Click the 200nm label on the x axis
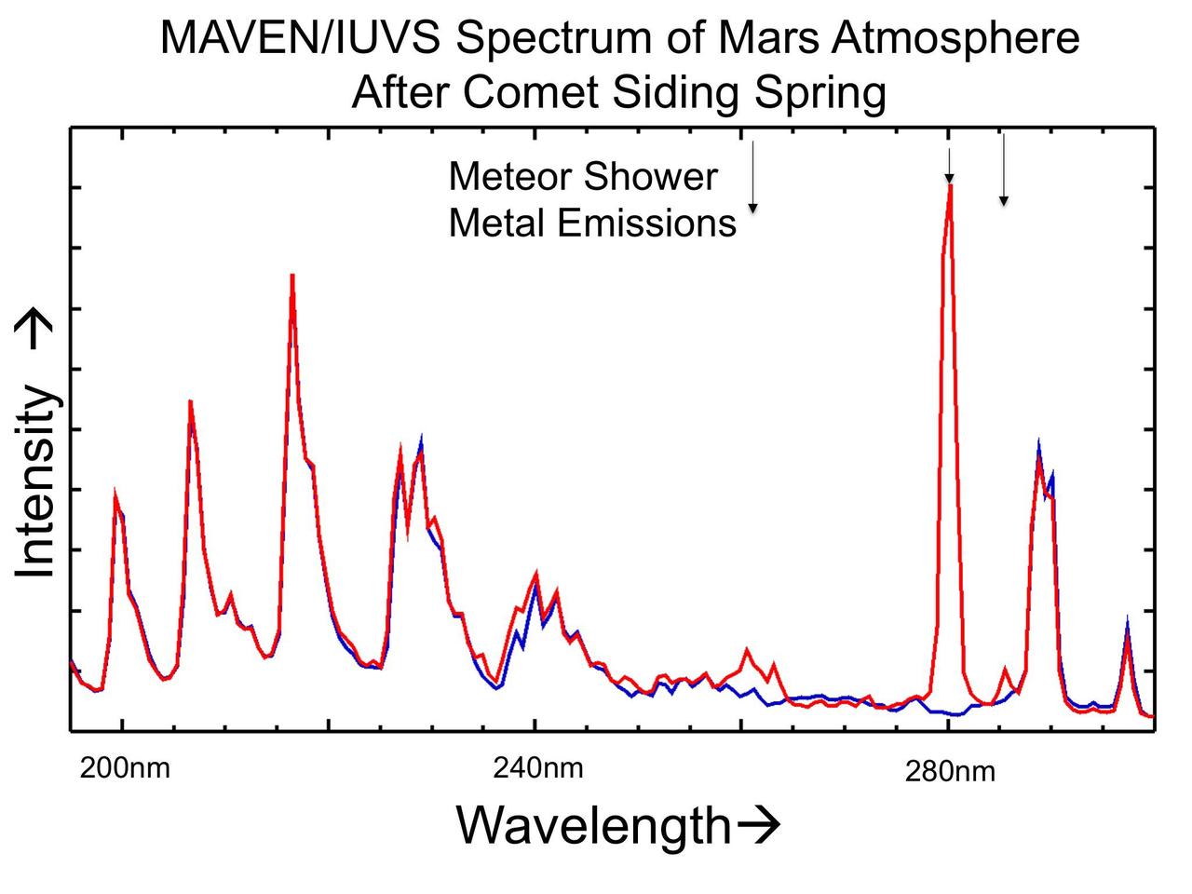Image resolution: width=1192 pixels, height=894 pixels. [x=125, y=769]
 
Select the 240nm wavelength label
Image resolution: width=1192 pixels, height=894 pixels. [x=538, y=768]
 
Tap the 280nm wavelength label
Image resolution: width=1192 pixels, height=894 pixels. [x=950, y=772]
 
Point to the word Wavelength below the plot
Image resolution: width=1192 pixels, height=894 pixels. [x=593, y=826]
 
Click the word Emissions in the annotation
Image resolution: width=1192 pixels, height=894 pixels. [x=648, y=224]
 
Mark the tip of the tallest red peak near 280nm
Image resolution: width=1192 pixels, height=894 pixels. [x=950, y=186]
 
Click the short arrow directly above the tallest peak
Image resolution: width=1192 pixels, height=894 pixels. [x=949, y=166]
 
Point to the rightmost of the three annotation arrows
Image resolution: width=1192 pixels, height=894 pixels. [x=1003, y=169]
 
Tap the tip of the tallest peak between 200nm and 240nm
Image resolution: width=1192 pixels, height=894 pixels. [x=291, y=276]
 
